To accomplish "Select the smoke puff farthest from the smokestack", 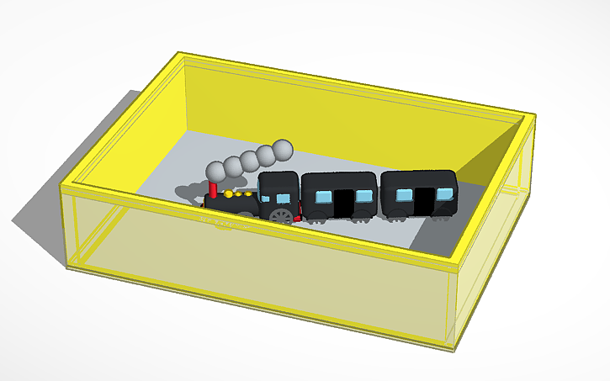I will pos(284,150).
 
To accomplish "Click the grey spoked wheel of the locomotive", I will pos(283,216).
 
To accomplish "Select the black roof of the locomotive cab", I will pos(278,177).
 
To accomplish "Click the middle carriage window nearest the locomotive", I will pos(321,197).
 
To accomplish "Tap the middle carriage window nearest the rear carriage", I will pos(363,196).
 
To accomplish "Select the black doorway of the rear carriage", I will pos(423,199).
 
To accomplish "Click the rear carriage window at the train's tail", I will pos(443,194).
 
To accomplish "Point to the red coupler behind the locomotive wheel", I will pos(298,219).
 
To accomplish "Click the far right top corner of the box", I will pos(533,116).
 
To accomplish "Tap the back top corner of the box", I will pos(180,55).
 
